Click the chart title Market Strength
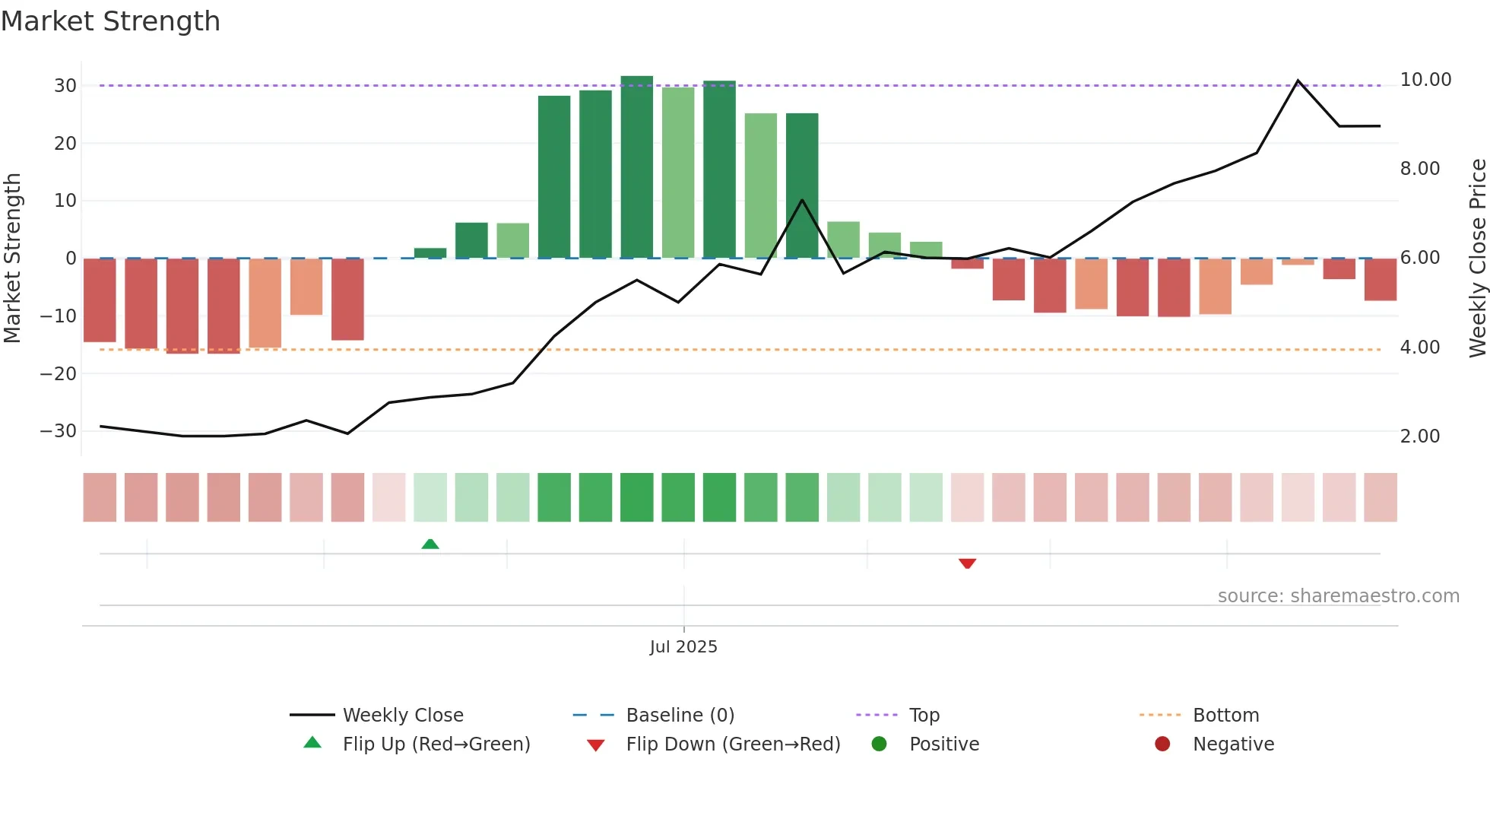click(x=110, y=21)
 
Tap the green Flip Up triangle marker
click(x=430, y=544)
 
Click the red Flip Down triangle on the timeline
click(x=967, y=563)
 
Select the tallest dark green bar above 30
click(x=636, y=167)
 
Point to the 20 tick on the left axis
click(x=65, y=143)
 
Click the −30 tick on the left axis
click(x=59, y=431)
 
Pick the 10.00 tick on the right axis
click(x=1425, y=80)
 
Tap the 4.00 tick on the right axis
click(x=1419, y=348)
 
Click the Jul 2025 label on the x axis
click(x=683, y=647)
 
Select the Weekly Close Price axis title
click(x=1477, y=258)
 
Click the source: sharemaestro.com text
click(x=1338, y=596)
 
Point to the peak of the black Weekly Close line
click(x=1298, y=81)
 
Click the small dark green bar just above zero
click(x=430, y=253)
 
